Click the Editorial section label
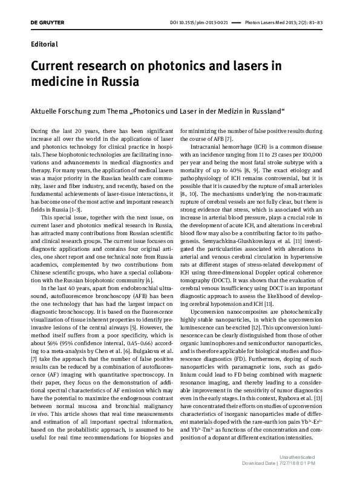44,44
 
